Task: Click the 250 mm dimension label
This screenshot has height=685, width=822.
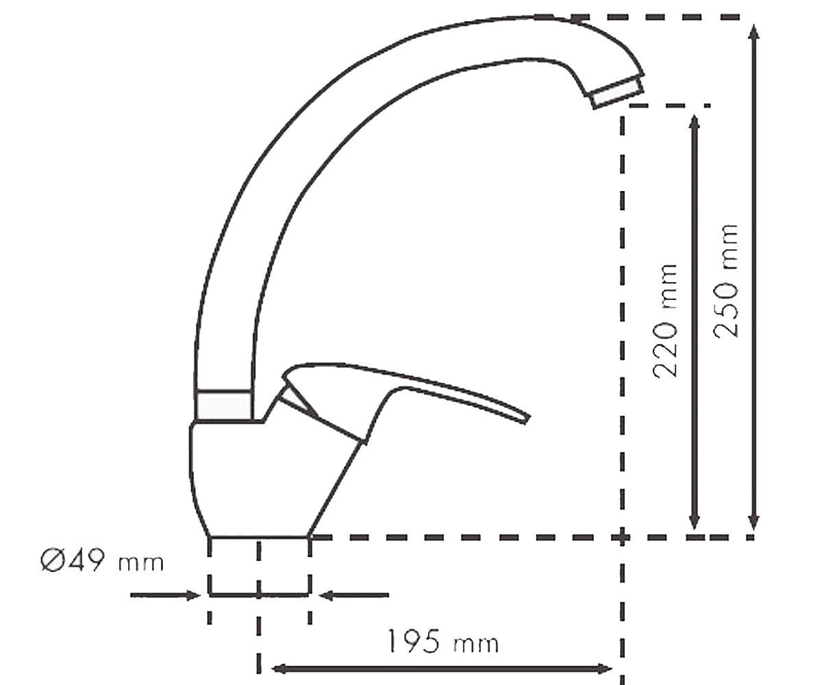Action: pyautogui.click(x=725, y=281)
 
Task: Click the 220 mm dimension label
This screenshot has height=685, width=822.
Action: pyautogui.click(x=665, y=321)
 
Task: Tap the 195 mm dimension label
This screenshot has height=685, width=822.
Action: pyautogui.click(x=443, y=641)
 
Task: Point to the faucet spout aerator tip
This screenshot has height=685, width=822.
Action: pyautogui.click(x=616, y=92)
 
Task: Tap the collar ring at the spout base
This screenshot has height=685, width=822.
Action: pyautogui.click(x=223, y=405)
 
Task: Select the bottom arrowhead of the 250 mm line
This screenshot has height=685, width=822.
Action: pyautogui.click(x=753, y=519)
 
